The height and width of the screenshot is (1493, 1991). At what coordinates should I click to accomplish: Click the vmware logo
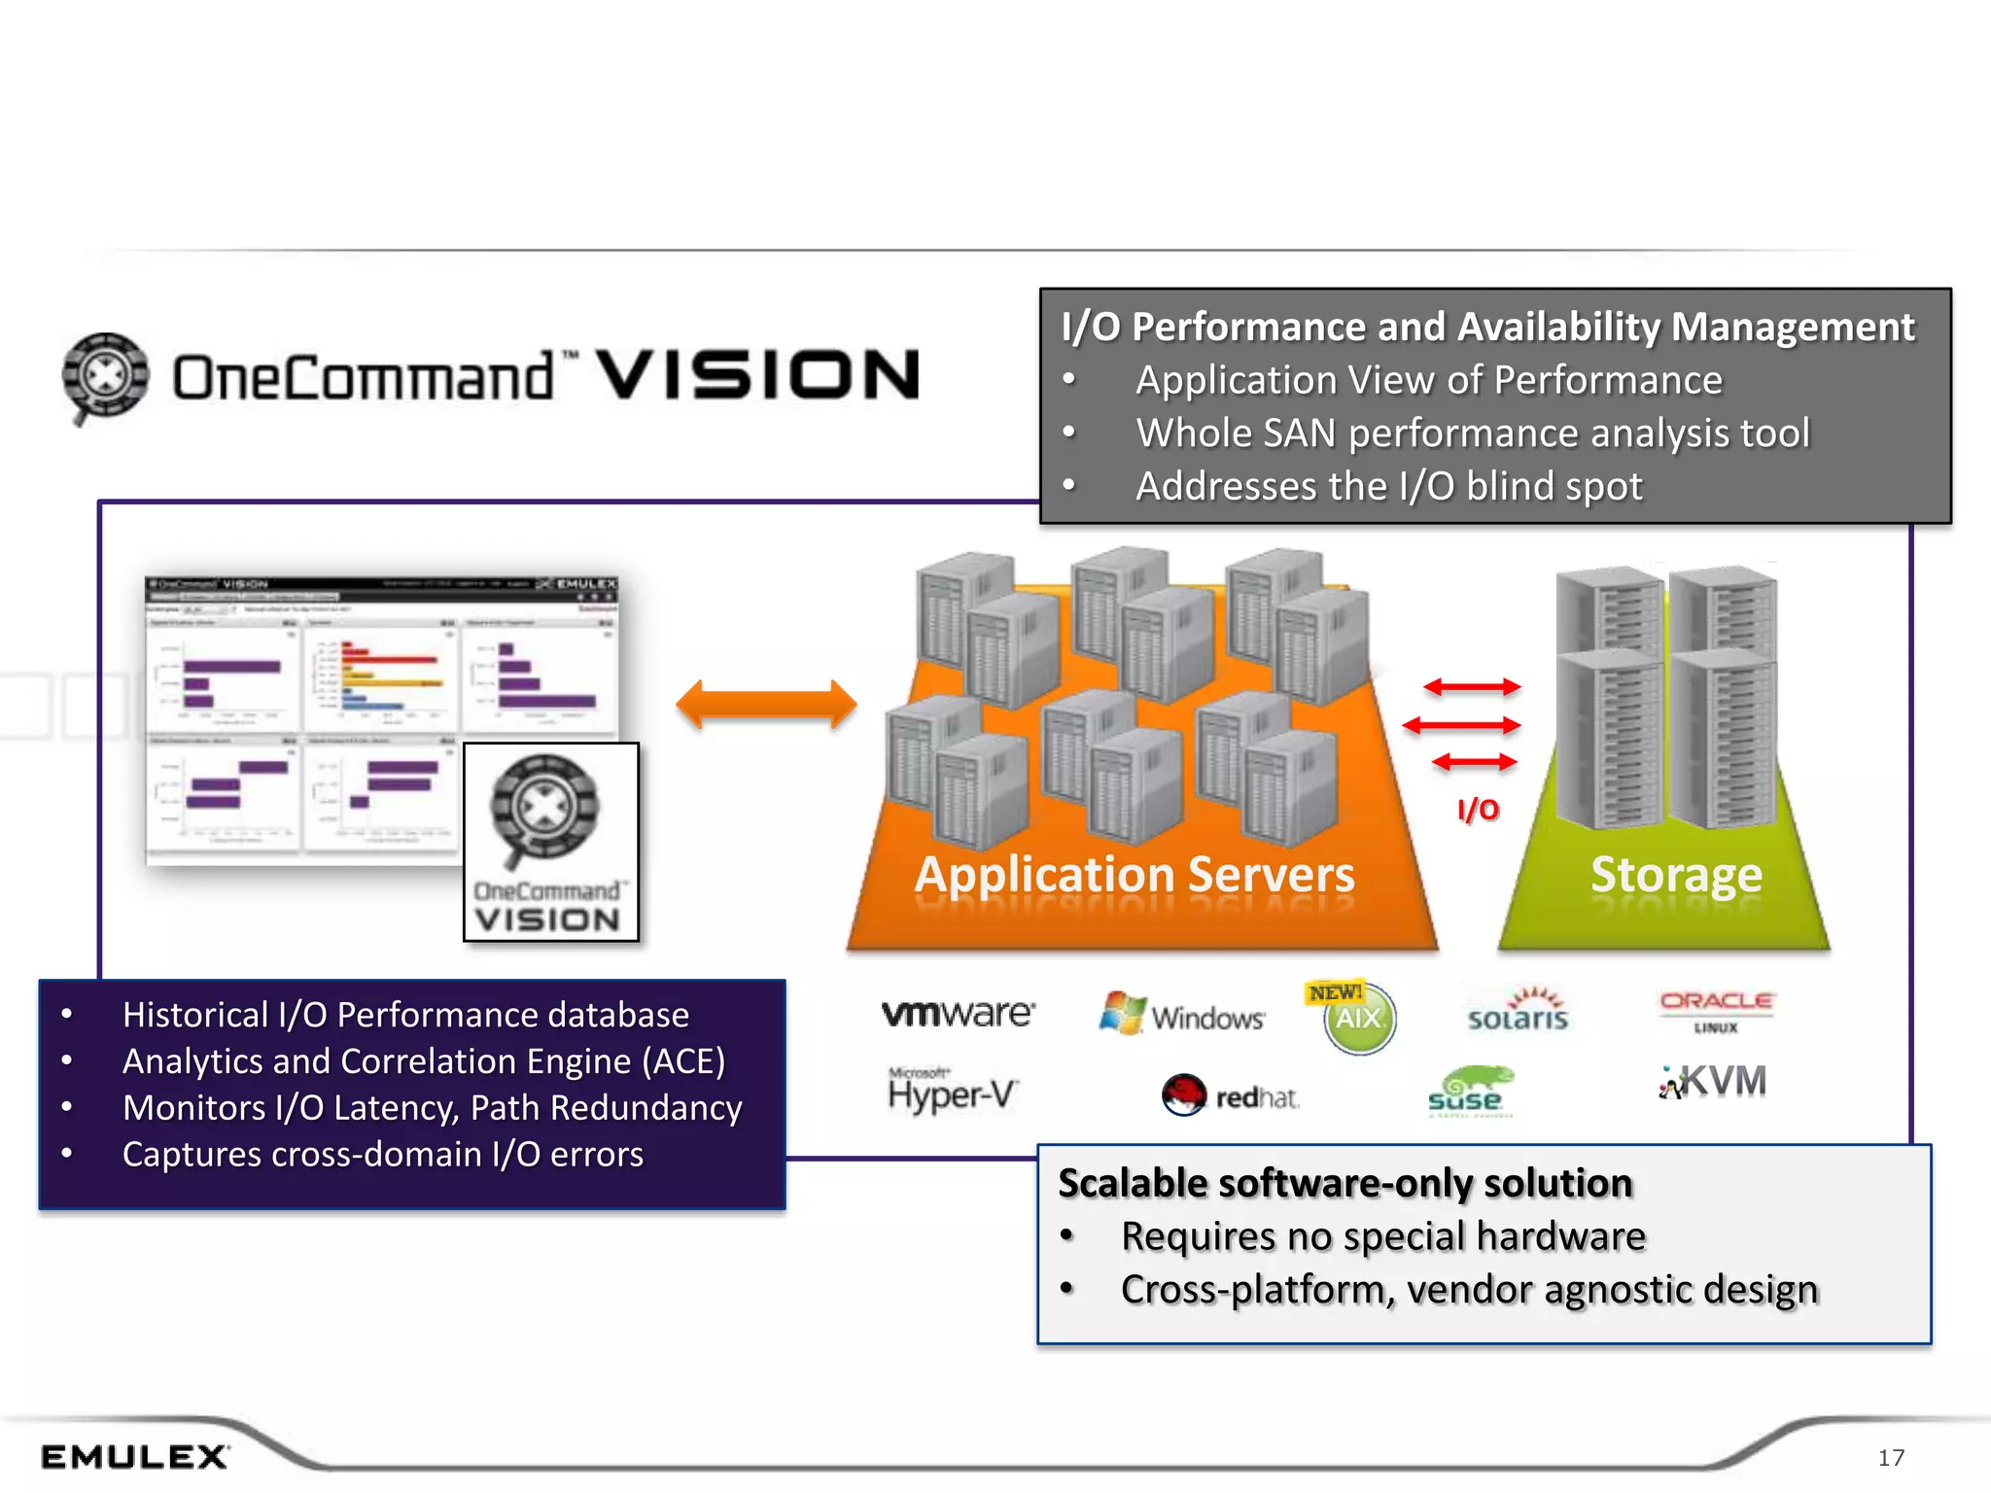click(958, 1013)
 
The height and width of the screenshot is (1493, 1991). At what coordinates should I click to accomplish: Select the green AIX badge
click(1359, 1019)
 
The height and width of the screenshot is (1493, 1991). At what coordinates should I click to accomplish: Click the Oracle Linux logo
click(1716, 1009)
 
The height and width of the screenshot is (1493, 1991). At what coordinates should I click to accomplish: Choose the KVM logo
click(1713, 1082)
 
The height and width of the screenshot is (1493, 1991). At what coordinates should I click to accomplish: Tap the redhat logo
click(1231, 1096)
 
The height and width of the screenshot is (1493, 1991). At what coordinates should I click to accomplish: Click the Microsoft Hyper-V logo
click(952, 1091)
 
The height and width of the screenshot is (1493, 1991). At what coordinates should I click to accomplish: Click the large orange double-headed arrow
click(766, 705)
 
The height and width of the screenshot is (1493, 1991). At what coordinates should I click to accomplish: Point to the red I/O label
click(1478, 810)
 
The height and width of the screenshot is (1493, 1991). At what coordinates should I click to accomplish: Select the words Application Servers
click(1135, 875)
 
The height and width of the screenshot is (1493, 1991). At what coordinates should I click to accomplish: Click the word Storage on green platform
click(1675, 875)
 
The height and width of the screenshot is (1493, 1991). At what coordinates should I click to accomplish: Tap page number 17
click(1890, 1457)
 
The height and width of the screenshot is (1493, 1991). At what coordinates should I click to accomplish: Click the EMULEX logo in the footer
click(134, 1456)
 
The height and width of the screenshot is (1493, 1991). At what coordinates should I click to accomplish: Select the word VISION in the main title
click(757, 376)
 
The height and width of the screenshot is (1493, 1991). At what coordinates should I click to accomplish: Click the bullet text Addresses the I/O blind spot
click(1388, 486)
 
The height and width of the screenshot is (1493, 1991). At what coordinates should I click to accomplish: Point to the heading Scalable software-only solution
click(1345, 1184)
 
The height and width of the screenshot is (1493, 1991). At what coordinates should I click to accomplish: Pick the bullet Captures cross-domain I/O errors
click(382, 1155)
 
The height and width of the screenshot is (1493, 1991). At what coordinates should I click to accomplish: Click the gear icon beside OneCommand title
click(105, 377)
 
